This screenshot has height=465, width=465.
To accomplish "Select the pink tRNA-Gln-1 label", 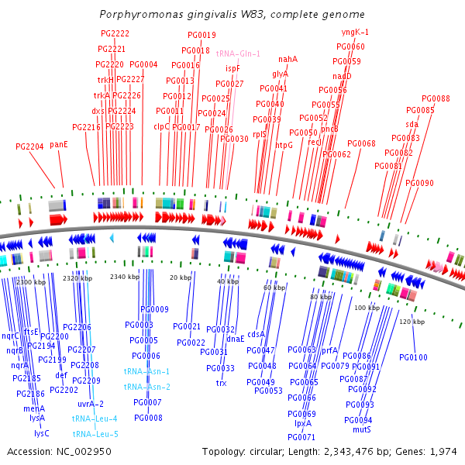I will [x=239, y=53].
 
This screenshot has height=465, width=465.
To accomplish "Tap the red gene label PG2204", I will [x=29, y=146].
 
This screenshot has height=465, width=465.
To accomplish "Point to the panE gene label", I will [x=59, y=144].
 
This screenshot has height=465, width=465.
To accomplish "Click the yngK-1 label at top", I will [x=355, y=33].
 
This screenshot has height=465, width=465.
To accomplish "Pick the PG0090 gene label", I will [x=419, y=183].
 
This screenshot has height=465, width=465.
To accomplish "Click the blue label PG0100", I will [x=413, y=357].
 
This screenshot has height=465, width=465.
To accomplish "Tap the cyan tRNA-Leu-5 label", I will [x=95, y=434].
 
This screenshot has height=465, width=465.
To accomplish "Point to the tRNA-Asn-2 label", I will [x=146, y=387].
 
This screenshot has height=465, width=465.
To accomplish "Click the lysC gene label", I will [x=41, y=433].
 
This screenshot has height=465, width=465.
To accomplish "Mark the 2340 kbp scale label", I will [x=125, y=277].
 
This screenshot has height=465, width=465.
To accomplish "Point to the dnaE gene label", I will [x=236, y=339].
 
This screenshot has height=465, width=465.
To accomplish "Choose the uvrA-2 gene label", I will [x=90, y=404].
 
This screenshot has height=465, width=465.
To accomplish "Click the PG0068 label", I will [x=361, y=143].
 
